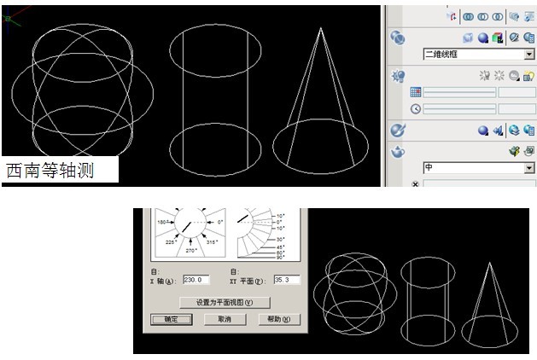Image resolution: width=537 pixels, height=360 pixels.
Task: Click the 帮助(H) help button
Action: [x=280, y=319]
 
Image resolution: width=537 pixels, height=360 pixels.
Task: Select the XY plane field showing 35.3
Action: [x=286, y=280]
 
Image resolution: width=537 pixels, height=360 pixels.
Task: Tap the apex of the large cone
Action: [x=321, y=28]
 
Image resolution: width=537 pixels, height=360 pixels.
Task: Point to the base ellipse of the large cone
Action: [x=321, y=160]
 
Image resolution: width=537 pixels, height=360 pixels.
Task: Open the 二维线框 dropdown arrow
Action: [x=529, y=54]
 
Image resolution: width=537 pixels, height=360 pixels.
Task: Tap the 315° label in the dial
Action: [x=212, y=242]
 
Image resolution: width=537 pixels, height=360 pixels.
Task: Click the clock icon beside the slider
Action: [x=416, y=108]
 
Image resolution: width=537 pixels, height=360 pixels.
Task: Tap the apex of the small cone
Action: [x=492, y=264]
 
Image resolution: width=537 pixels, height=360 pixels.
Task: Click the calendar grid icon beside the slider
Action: [x=416, y=91]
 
